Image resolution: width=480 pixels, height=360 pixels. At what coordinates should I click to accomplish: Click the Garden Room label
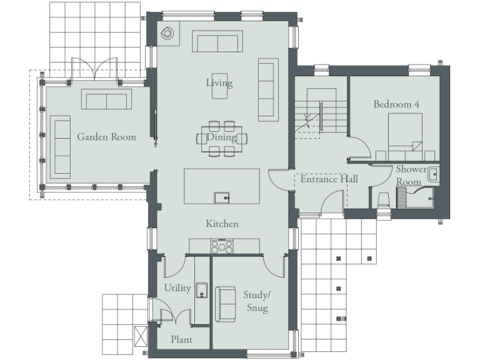pyautogui.click(x=106, y=137)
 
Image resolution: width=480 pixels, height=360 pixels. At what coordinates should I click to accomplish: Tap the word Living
pyautogui.click(x=219, y=82)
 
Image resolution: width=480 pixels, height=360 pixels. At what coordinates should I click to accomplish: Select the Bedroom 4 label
pyautogui.click(x=396, y=104)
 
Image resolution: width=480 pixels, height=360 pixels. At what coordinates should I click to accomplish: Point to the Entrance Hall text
pyautogui.click(x=329, y=179)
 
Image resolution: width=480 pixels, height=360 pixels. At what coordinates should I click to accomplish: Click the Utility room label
pyautogui.click(x=177, y=287)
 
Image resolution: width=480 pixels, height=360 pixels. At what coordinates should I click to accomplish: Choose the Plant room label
pyautogui.click(x=181, y=339)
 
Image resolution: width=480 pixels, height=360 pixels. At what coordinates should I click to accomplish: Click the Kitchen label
pyautogui.click(x=222, y=223)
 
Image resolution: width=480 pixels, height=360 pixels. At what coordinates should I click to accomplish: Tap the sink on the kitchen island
pyautogui.click(x=221, y=197)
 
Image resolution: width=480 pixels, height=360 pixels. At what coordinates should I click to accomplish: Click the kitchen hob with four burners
pyautogui.click(x=222, y=246)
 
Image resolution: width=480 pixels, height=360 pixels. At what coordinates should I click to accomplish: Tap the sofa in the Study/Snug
pyautogui.click(x=224, y=304)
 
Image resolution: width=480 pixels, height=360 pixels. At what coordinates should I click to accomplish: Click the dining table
pyautogui.click(x=222, y=138)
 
